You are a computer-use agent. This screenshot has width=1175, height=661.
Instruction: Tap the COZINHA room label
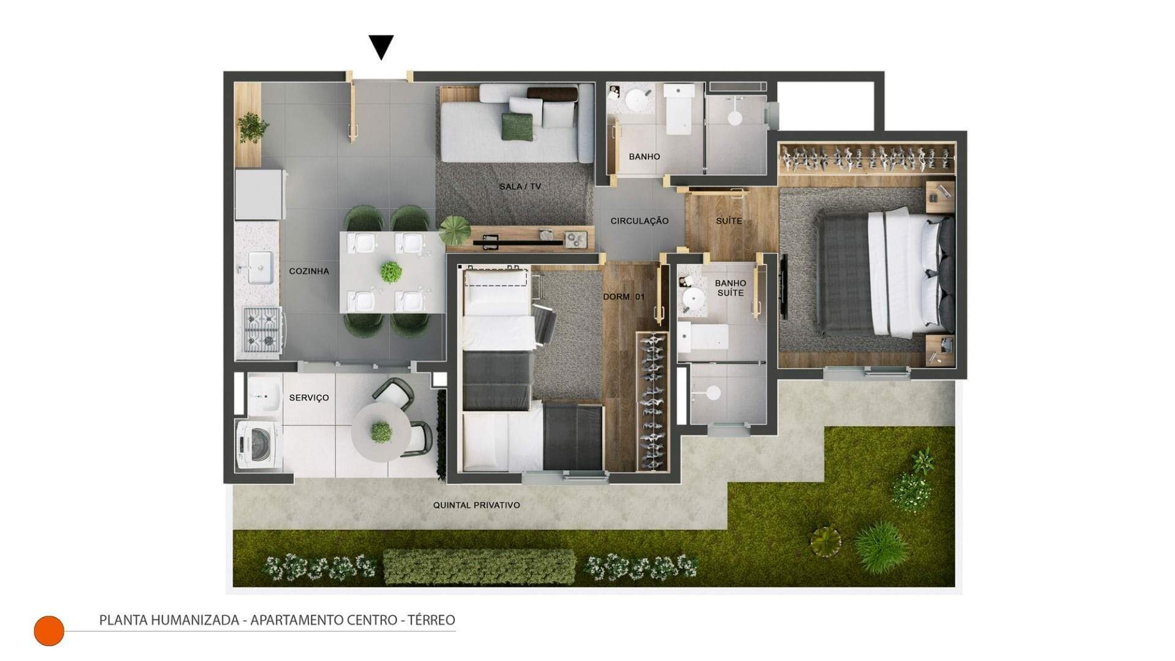pyautogui.click(x=309, y=271)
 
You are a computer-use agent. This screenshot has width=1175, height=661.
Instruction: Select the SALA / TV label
pyautogui.click(x=520, y=187)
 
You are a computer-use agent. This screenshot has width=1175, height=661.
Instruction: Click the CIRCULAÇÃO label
pyautogui.click(x=640, y=221)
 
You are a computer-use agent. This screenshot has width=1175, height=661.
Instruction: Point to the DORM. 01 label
pyautogui.click(x=624, y=297)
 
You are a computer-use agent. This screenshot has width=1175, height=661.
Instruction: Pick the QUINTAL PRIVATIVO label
pyautogui.click(x=477, y=505)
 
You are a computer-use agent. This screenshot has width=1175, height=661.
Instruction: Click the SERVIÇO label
pyautogui.click(x=309, y=398)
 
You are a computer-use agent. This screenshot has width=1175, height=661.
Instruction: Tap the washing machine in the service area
pyautogui.click(x=259, y=444)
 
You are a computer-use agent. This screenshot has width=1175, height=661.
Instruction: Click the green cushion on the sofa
pyautogui.click(x=518, y=127)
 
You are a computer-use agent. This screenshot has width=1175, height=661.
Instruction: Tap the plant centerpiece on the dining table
pyautogui.click(x=391, y=272)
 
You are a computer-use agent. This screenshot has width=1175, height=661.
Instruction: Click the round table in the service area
pyautogui.click(x=381, y=433)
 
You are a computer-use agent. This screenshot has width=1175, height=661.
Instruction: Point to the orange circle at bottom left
pyautogui.click(x=49, y=630)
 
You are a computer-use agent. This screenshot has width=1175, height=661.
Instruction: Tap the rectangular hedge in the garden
pyautogui.click(x=479, y=567)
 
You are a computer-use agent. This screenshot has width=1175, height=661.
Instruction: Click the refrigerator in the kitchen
pyautogui.click(x=260, y=194)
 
